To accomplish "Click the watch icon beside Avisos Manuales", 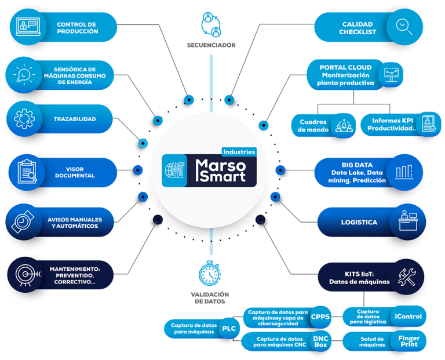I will coord(24,222).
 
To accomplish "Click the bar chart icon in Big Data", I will coord(404,172).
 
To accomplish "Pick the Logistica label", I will coord(359,222).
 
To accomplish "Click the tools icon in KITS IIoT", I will coord(404,272).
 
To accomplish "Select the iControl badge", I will coord(408,317).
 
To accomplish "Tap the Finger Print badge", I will coord(409,341).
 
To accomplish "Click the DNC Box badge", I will coord(320,341).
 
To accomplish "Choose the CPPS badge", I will coord(320,317).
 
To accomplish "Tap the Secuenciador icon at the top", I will coord(210,23).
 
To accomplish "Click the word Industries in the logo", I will coord(238,151).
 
